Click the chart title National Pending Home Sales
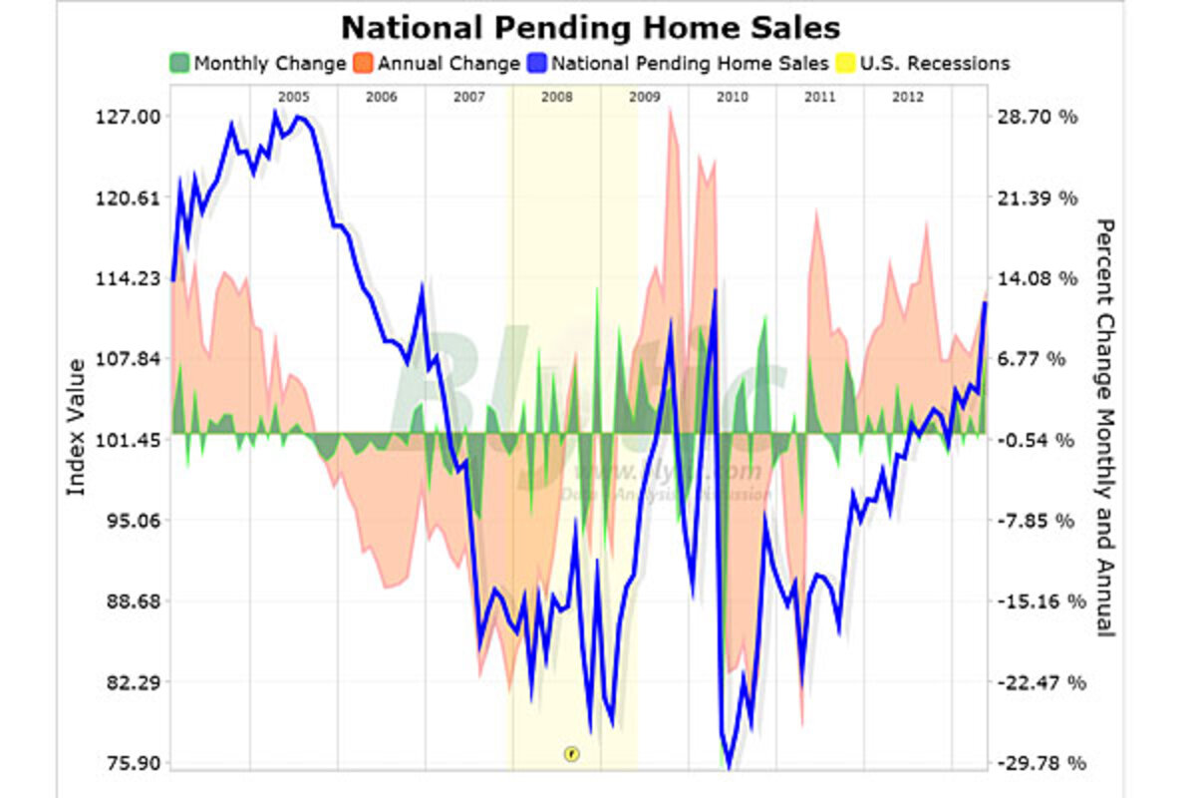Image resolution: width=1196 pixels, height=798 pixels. (x=590, y=26)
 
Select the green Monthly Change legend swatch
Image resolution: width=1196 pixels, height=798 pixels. (x=179, y=64)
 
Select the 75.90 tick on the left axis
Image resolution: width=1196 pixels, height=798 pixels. (x=136, y=764)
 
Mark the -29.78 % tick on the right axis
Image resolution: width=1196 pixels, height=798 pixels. (x=1037, y=764)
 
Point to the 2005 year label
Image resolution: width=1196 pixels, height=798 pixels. (x=293, y=97)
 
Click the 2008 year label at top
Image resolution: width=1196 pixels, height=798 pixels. (x=556, y=97)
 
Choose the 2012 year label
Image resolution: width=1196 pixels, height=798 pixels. (x=907, y=97)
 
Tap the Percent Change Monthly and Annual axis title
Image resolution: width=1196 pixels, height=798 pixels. (x=1104, y=427)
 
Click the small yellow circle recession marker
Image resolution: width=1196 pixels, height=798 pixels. (x=571, y=753)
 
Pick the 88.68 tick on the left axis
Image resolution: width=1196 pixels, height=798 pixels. (x=136, y=601)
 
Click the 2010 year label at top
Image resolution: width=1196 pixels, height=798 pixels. (x=732, y=97)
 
